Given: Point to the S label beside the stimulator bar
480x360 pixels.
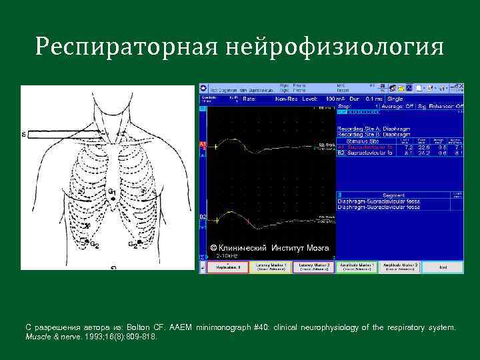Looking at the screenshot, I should coord(24,135).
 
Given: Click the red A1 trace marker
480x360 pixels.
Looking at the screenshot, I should coord(203,145).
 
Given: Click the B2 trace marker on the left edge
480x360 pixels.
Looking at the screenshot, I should coord(203,217).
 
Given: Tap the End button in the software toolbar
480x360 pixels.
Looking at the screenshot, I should coord(443,267).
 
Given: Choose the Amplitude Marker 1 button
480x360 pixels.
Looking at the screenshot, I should coord(357,267).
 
